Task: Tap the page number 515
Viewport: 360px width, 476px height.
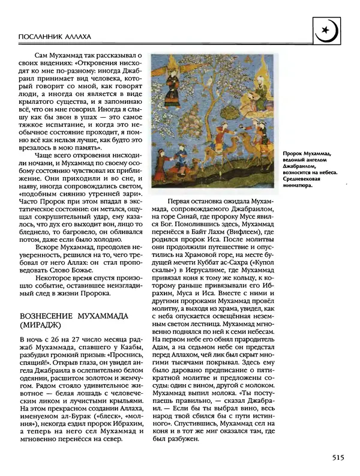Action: tap(337, 458)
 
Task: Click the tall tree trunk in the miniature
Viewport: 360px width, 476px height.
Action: tap(209, 120)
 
